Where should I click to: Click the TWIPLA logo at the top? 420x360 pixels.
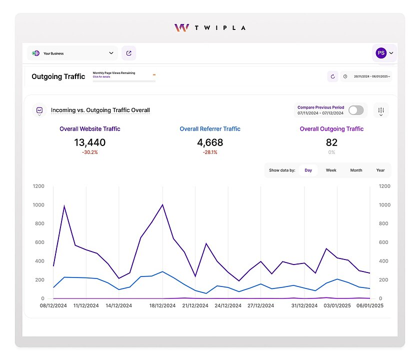coord(209,27)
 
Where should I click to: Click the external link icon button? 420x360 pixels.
coord(129,53)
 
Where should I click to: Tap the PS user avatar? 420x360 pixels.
coord(381,53)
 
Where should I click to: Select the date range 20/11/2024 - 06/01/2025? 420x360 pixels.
coord(371,76)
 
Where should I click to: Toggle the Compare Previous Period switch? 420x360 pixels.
coord(356,110)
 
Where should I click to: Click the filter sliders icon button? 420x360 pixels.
coord(381,110)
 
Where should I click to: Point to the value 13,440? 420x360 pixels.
coord(90,142)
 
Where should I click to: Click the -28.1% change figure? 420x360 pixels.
coord(210,152)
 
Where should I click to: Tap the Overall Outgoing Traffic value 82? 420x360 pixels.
coord(331,142)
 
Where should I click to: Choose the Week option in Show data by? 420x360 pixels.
coord(331,170)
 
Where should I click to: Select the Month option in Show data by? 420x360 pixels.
coord(356,170)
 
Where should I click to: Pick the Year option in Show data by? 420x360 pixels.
coord(380,170)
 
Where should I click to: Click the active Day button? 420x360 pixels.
coord(308,170)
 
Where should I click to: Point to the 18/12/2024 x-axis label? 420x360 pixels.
coord(162,305)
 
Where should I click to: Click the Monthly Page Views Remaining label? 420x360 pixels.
coord(114,73)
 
